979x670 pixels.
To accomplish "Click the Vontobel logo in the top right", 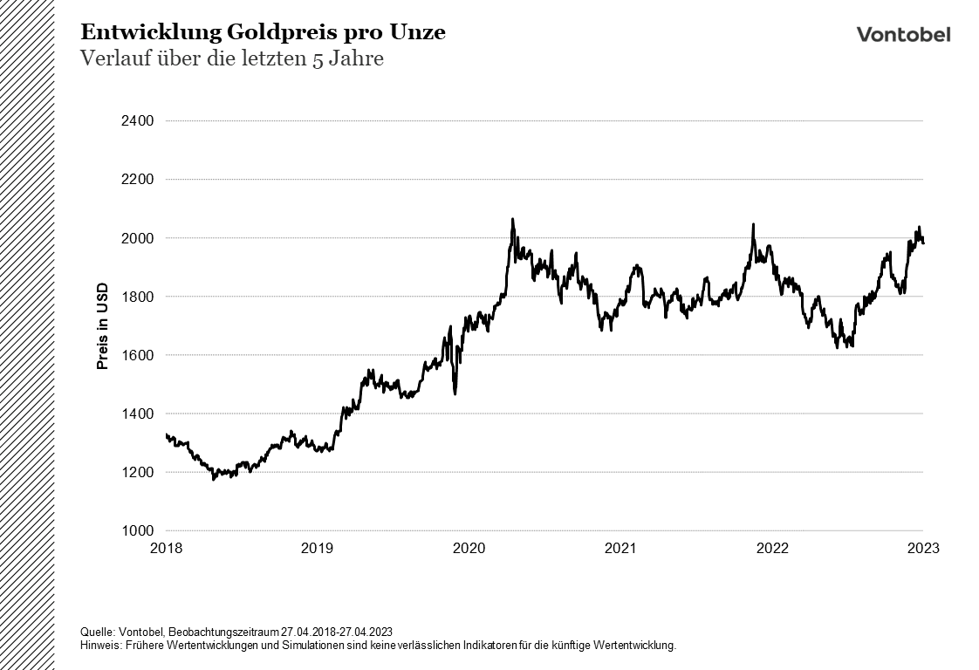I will click(x=903, y=34).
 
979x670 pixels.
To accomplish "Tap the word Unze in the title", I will click(x=421, y=33).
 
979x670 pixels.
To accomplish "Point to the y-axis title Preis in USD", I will click(x=102, y=325).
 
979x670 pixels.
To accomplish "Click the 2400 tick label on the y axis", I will click(x=137, y=120).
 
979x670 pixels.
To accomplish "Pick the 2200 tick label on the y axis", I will click(x=137, y=180).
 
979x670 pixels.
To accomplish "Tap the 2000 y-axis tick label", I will click(x=137, y=238).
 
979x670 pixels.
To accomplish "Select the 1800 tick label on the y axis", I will click(x=137, y=297).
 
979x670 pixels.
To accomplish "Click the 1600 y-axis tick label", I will click(x=137, y=355).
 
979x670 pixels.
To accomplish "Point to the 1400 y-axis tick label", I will click(x=137, y=414).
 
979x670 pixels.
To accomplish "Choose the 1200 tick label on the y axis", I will click(x=137, y=472).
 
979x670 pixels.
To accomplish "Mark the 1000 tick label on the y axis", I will click(x=137, y=530).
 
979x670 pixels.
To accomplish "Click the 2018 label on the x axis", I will click(x=166, y=549).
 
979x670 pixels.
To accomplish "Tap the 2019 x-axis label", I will click(x=317, y=549).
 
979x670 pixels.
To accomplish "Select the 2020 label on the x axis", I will click(x=469, y=549).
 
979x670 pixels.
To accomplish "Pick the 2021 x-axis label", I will click(x=620, y=549).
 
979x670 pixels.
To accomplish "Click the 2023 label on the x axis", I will click(x=923, y=549).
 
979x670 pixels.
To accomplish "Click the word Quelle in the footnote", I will click(x=96, y=632).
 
